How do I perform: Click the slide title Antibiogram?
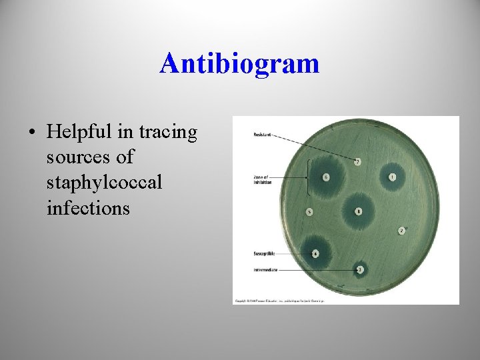pos(239,64)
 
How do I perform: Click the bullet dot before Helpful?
pos(32,133)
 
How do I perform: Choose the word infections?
pos(88,208)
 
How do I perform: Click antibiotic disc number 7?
pos(358,162)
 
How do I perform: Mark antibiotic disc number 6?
pos(325,177)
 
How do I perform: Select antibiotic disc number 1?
pos(393,177)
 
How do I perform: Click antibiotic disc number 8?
pos(359,211)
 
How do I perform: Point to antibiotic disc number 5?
pos(309,212)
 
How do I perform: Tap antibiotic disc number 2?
pos(401,231)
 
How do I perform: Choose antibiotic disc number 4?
pos(315,253)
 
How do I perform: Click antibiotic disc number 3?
pos(360,269)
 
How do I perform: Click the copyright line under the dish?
pos(279,301)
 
